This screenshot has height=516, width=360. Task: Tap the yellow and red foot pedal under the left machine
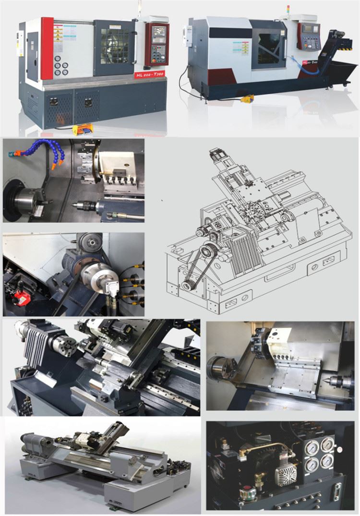click(x=82, y=130)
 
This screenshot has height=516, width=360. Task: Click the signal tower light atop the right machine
click(x=288, y=10)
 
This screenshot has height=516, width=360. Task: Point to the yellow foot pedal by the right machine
click(x=248, y=99)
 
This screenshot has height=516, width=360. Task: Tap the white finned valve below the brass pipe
click(x=285, y=473)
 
